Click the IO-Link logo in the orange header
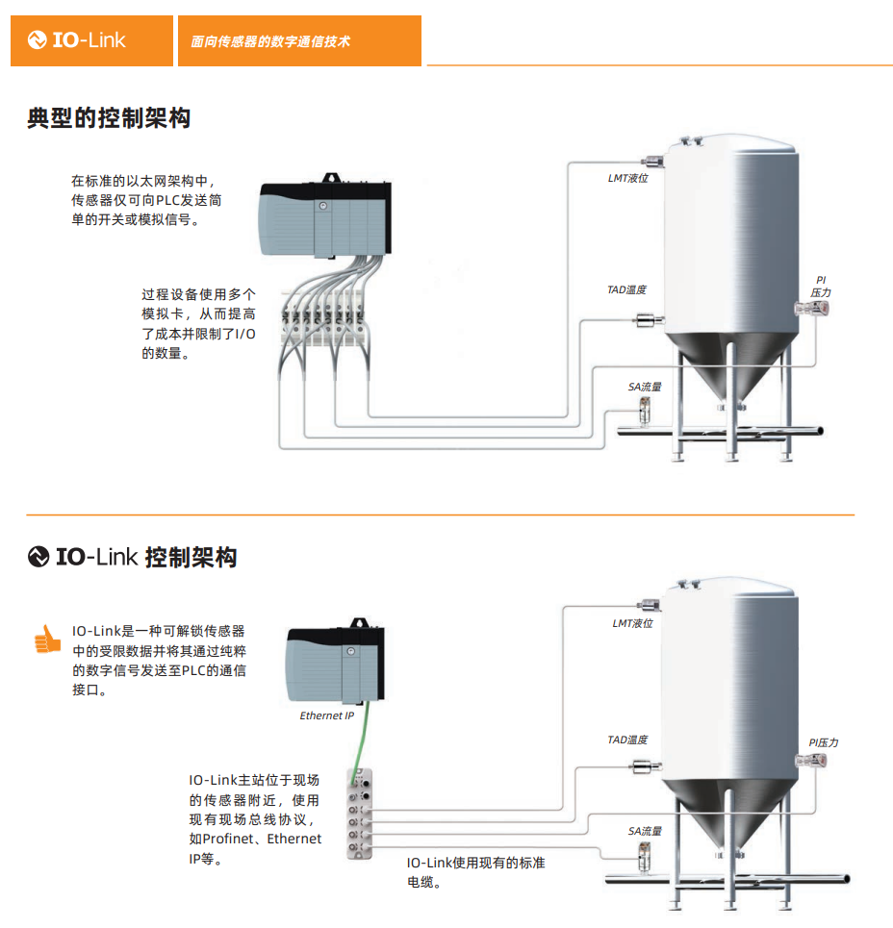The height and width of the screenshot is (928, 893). coord(78,40)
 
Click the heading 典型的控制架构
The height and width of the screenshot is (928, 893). coord(109,118)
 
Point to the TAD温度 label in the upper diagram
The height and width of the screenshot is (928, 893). coord(626,289)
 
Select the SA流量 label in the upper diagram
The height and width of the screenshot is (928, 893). coord(645,387)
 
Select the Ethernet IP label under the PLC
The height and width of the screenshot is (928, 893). coord(327,715)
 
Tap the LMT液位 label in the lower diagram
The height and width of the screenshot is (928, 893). coord(632,623)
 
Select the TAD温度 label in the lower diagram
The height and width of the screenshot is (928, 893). coord(627,740)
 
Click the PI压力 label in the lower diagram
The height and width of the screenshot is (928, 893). coord(823,742)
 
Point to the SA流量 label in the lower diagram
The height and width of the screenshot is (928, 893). coord(645,831)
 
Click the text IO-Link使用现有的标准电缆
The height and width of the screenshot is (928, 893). coord(475,871)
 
